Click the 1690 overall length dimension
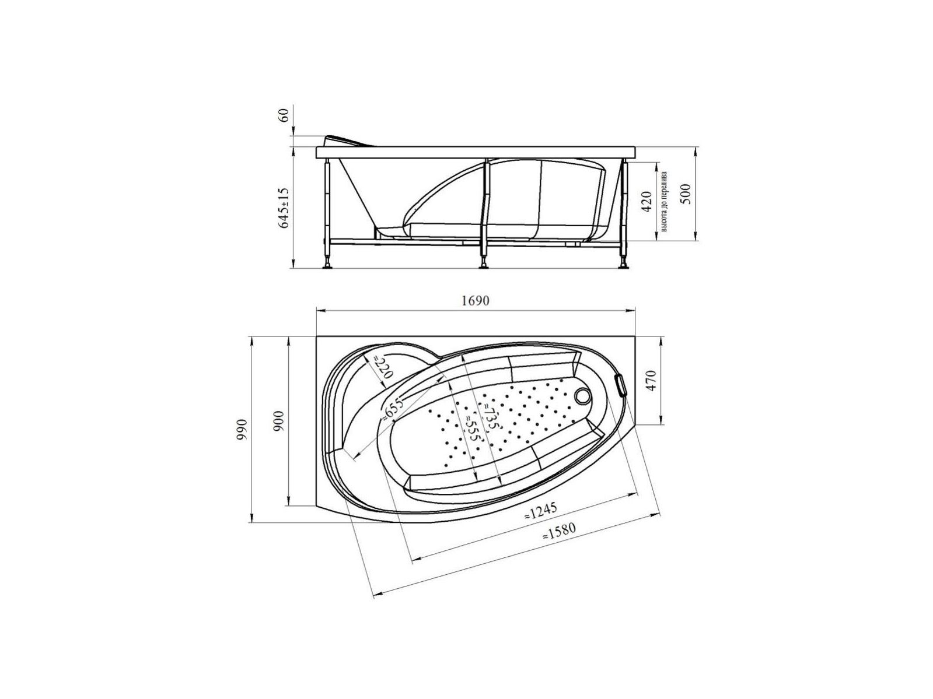click(475, 300)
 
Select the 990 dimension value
click(242, 429)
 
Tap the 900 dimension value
click(278, 421)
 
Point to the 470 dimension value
click(652, 381)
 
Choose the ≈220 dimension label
click(383, 367)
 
